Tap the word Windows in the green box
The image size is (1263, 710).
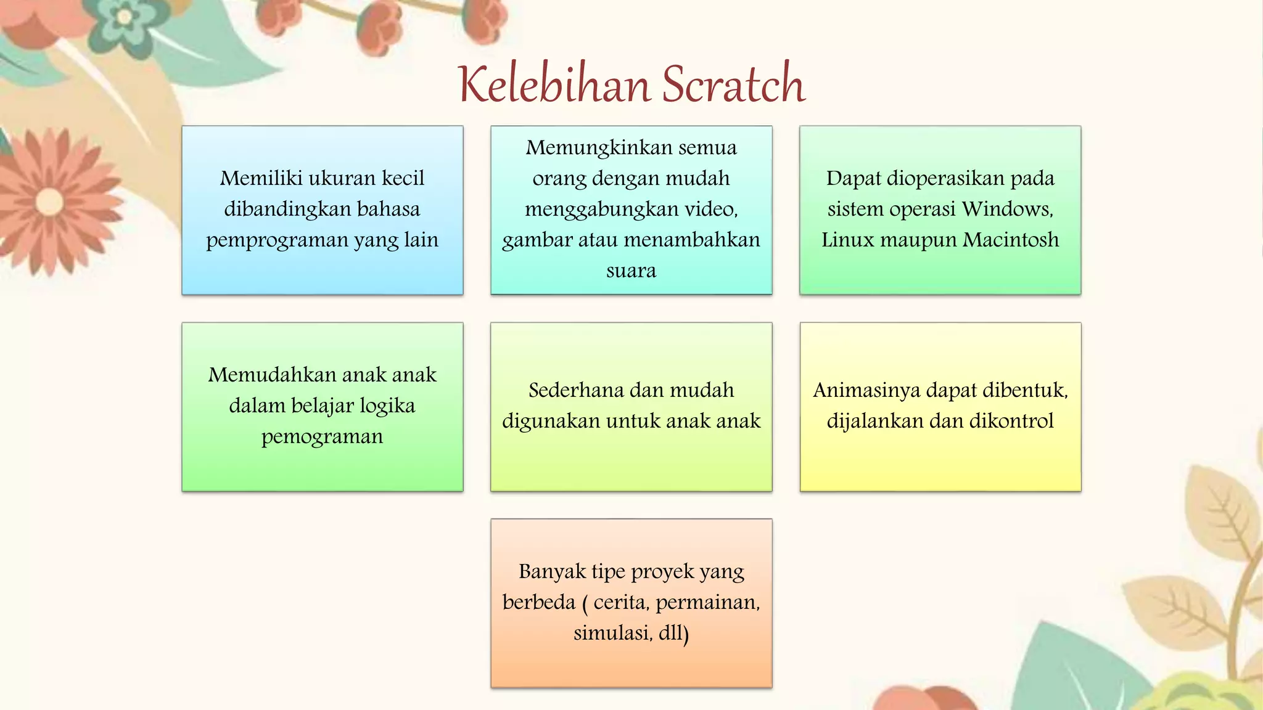pos(1007,209)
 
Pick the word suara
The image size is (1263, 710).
pos(631,271)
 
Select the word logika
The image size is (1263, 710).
pos(387,406)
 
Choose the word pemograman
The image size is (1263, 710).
pos(322,436)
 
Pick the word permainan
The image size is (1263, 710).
pos(707,602)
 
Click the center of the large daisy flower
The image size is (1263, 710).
pos(49,202)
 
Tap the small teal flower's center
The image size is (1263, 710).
pos(124,17)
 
